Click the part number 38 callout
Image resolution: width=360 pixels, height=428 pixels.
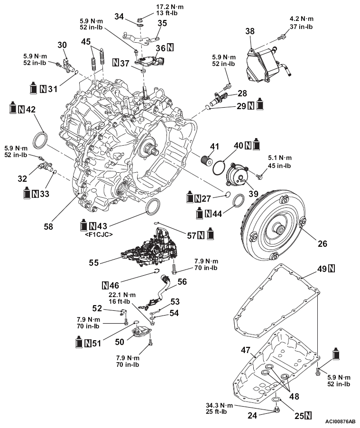250,31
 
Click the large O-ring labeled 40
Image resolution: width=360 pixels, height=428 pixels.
220,167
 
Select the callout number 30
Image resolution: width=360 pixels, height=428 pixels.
62,45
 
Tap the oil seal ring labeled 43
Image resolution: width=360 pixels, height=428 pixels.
153,207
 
